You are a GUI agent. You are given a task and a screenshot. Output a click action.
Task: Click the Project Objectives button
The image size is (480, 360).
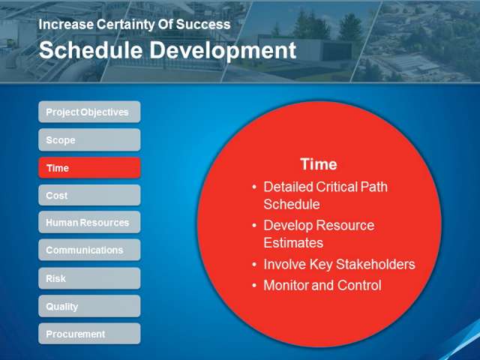pyautogui.click(x=89, y=112)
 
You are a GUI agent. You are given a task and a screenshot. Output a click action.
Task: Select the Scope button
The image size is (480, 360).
pyautogui.click(x=89, y=140)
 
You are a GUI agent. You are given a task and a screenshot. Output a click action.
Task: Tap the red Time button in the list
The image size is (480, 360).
pyautogui.click(x=89, y=168)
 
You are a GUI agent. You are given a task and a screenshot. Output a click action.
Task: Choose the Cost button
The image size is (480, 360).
pyautogui.click(x=89, y=195)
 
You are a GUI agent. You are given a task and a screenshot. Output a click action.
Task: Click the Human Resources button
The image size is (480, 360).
pyautogui.click(x=89, y=222)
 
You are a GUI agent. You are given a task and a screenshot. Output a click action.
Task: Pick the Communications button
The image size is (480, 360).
pyautogui.click(x=89, y=250)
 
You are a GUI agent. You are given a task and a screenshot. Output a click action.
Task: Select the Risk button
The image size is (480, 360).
pyautogui.click(x=89, y=278)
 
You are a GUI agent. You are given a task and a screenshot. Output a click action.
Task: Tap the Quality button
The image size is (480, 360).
pyautogui.click(x=89, y=306)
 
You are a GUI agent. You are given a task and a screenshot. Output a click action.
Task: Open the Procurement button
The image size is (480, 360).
pyautogui.click(x=89, y=334)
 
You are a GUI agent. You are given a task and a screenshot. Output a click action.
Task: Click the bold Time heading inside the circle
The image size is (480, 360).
pyautogui.click(x=319, y=164)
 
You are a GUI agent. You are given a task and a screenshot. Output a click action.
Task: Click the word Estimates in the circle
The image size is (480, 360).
pyautogui.click(x=293, y=243)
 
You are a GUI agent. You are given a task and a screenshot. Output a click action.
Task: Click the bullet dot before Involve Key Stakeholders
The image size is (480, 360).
pyautogui.click(x=254, y=264)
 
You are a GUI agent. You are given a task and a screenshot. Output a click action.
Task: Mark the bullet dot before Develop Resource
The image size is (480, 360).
pyautogui.click(x=254, y=225)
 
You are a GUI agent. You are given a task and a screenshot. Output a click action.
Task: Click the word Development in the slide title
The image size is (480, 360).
pyautogui.click(x=223, y=50)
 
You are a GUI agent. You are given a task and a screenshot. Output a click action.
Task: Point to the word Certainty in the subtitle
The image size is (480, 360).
pyautogui.click(x=125, y=25)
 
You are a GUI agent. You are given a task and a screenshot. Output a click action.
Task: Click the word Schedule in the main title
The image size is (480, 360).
pyautogui.click(x=91, y=50)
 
